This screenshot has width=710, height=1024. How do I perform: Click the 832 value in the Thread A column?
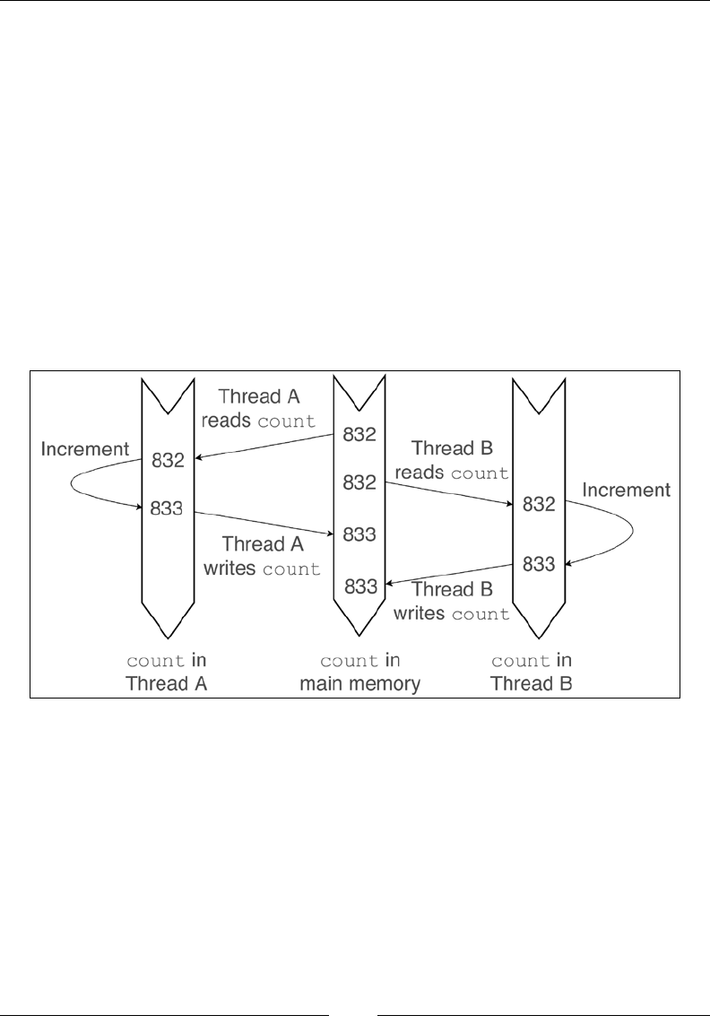coord(168,461)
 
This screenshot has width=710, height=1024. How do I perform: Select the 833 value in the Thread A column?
coord(168,508)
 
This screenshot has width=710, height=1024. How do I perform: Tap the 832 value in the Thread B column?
coord(539,505)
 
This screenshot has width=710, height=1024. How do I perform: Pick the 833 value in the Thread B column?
coord(539,564)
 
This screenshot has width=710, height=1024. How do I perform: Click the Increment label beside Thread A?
coord(84,447)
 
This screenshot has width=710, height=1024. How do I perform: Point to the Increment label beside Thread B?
coord(626,490)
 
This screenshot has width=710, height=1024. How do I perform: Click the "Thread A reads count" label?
coord(267,408)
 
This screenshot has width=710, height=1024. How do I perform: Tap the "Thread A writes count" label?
coord(270,556)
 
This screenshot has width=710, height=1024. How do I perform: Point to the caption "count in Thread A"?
coord(168,673)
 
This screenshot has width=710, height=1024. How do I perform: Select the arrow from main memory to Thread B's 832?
coord(448,493)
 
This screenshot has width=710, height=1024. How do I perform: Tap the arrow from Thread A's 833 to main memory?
coord(264,524)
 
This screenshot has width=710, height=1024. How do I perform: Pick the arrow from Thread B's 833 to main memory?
coord(448,575)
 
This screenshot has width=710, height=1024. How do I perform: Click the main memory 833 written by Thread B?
coord(359,587)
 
